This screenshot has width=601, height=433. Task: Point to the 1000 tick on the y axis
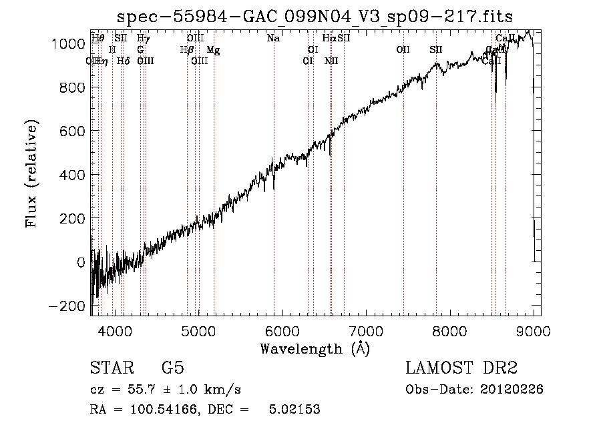(x=69, y=44)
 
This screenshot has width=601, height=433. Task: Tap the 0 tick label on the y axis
(x=81, y=263)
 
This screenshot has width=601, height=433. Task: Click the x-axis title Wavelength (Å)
(x=315, y=348)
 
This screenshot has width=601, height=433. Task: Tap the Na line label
(x=273, y=38)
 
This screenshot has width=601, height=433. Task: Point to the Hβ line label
(x=187, y=49)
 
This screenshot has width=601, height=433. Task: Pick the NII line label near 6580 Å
(x=331, y=61)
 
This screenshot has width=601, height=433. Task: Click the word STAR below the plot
(x=111, y=368)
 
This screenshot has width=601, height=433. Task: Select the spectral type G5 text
(x=172, y=368)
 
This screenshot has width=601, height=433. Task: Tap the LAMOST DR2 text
(x=461, y=368)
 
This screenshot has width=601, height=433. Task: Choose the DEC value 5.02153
(x=294, y=410)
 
